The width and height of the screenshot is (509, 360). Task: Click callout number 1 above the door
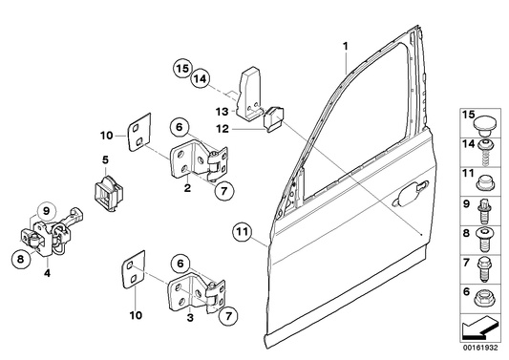[x=347, y=47]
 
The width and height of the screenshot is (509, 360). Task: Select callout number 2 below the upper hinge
[x=189, y=189]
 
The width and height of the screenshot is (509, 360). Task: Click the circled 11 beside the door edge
[x=242, y=230]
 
